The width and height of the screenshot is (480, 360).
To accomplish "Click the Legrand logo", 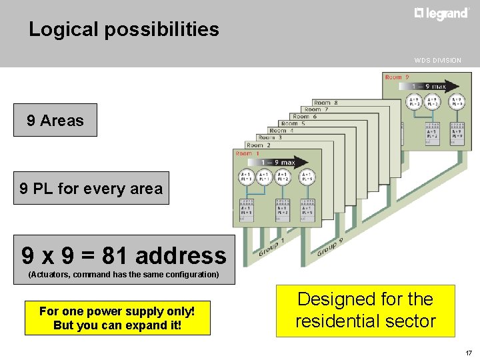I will [441, 13].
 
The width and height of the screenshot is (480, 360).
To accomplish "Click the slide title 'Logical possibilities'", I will [124, 29].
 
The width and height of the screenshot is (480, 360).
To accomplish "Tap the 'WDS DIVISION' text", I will [437, 61].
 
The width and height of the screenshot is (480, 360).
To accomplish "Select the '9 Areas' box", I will [55, 120].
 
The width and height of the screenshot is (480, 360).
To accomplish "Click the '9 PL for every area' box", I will [91, 188].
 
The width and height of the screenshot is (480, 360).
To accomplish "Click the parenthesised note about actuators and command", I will [123, 275].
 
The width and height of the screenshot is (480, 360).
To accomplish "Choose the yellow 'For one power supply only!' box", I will [117, 318].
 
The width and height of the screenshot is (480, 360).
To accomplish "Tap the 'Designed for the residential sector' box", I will [365, 310].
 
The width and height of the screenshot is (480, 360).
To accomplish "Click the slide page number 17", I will [468, 353].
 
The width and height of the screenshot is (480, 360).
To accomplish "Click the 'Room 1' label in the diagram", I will [248, 153].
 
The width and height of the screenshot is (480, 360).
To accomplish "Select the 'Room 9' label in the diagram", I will [397, 77].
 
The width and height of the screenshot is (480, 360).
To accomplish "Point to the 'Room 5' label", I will [293, 123].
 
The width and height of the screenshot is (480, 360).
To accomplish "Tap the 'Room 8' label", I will [325, 103].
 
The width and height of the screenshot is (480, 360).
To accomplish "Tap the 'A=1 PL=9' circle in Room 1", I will [307, 177].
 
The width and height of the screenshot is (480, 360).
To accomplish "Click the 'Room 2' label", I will [259, 145].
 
